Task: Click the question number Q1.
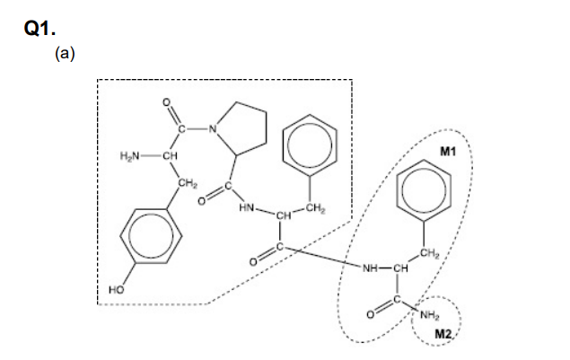[39, 29]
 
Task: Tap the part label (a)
[65, 53]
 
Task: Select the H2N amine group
[129, 156]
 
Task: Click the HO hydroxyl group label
[117, 290]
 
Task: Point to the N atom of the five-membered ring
[213, 128]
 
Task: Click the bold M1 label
[448, 151]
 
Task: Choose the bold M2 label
[443, 333]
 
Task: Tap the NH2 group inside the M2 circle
[430, 315]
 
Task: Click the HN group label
[247, 208]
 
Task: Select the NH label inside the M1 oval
[371, 268]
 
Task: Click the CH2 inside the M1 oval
[430, 253]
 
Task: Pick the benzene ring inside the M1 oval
[424, 190]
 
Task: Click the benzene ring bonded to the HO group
[151, 236]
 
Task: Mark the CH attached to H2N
[171, 156]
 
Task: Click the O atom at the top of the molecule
[166, 102]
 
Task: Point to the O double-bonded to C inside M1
[370, 315]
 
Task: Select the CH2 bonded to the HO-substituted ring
[188, 184]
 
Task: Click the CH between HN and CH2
[284, 216]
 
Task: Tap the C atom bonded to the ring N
[181, 128]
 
